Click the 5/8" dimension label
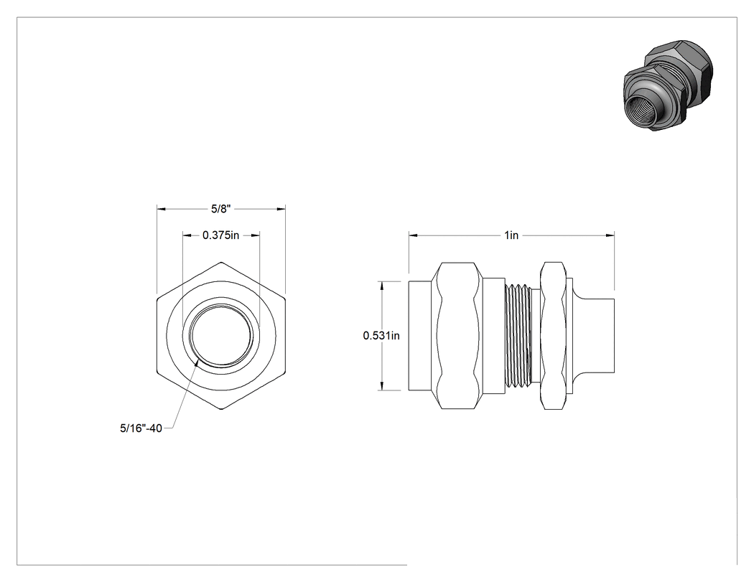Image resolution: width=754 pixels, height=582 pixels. click(x=221, y=209)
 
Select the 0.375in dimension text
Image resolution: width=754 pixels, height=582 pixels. click(x=220, y=235)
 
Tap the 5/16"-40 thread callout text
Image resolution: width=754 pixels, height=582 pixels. click(x=141, y=428)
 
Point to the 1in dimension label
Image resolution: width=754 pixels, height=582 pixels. click(x=511, y=235)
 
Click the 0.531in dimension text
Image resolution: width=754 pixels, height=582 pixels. click(x=381, y=335)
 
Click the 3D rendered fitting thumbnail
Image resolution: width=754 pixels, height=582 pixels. click(x=669, y=87)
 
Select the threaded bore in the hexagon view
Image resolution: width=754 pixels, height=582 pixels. click(x=220, y=335)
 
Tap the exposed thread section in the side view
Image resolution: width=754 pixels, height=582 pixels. click(x=518, y=335)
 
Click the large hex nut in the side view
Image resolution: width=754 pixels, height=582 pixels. click(x=458, y=335)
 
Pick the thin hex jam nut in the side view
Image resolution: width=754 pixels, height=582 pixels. click(x=553, y=335)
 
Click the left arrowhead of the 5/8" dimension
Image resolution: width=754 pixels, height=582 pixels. click(x=161, y=209)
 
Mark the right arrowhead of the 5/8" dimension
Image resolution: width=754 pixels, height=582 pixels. click(x=281, y=209)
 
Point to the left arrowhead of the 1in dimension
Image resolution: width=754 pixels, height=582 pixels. click(x=413, y=235)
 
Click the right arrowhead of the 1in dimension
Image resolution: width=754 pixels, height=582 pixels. click(x=610, y=235)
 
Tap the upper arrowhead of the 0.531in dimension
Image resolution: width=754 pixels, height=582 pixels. click(x=382, y=286)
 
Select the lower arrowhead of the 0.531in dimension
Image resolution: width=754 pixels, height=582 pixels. click(x=382, y=386)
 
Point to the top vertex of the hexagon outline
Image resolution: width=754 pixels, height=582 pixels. click(x=221, y=262)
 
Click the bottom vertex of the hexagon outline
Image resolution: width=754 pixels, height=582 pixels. click(x=221, y=410)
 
